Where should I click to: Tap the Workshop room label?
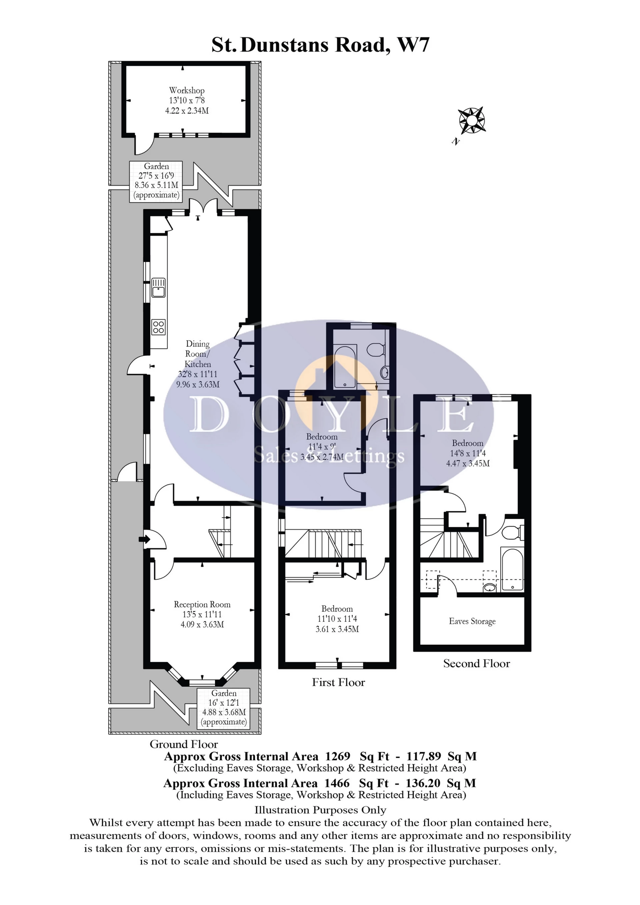(x=187, y=91)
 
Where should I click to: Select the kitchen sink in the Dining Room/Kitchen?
(x=158, y=287)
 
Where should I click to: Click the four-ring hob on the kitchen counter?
(x=158, y=327)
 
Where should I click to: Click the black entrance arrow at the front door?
(x=144, y=540)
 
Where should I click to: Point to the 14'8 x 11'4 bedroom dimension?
(x=468, y=453)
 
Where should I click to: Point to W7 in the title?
(x=413, y=45)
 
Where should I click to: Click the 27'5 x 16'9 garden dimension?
(x=156, y=176)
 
